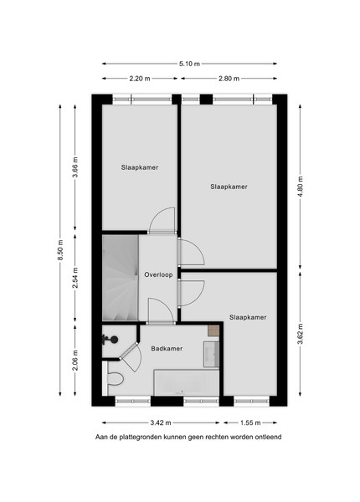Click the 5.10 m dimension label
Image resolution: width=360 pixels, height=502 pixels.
[189, 64]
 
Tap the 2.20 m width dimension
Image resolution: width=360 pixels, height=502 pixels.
[140, 79]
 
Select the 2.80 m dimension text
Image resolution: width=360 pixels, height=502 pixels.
[229, 79]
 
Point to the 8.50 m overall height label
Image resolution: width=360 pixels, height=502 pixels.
[60, 250]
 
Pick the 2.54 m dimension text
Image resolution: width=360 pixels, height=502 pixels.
[75, 278]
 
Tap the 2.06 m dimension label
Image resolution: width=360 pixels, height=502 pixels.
[75, 361]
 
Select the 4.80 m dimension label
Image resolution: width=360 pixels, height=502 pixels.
[300, 187]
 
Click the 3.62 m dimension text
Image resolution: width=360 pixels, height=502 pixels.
[300, 334]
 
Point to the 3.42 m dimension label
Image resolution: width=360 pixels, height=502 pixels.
[161, 423]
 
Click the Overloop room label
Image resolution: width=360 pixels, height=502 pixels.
[158, 274]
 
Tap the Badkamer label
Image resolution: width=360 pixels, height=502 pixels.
[167, 349]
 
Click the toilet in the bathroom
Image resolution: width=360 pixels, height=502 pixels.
[115, 379]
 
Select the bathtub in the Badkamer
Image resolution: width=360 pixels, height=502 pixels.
[187, 382]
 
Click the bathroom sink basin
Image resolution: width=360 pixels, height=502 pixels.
[211, 354]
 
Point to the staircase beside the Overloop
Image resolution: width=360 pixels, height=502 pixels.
[120, 278]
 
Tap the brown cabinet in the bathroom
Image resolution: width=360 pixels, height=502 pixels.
[213, 330]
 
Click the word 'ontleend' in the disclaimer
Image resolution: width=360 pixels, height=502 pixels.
[268, 437]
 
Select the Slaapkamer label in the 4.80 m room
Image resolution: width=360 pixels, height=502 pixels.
[229, 187]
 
